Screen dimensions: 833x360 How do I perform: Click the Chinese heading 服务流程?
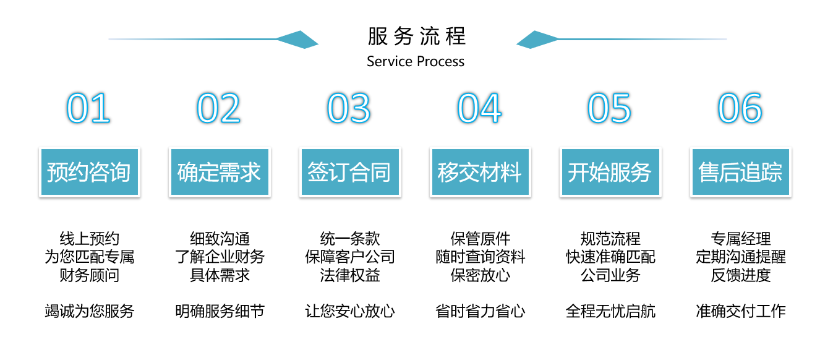tap(417, 36)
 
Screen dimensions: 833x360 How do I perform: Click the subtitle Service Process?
tap(416, 61)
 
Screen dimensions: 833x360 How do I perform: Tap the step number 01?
tap(88, 108)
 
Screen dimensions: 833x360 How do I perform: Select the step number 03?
tap(349, 108)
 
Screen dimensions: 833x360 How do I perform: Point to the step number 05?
tap(610, 108)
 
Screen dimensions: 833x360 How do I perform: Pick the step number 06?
tap(740, 108)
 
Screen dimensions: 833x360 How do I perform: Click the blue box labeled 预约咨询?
tap(90, 172)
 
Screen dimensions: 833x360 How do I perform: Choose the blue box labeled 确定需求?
tap(220, 172)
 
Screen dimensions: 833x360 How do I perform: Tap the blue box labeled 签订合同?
tap(350, 172)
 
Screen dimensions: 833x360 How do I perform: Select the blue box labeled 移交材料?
tap(481, 172)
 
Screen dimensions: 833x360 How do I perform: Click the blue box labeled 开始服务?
tap(610, 172)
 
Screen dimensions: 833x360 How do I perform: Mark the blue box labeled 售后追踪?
tap(741, 172)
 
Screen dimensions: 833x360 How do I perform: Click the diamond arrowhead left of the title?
tap(297, 40)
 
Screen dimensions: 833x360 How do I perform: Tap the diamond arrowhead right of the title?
tap(538, 40)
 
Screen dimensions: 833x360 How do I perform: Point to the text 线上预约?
tap(89, 239)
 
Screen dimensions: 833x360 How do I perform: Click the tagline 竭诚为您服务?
tap(89, 311)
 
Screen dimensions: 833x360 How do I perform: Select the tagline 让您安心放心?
tap(350, 311)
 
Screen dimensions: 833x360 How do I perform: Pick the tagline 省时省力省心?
tap(480, 311)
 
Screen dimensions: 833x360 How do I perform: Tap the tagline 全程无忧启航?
tap(610, 311)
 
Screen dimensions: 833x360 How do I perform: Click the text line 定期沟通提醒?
tap(741, 257)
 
